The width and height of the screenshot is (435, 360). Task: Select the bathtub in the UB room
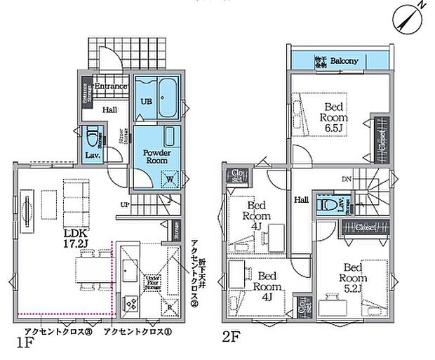click(x=166, y=99)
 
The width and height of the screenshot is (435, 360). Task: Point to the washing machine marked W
click(x=170, y=178)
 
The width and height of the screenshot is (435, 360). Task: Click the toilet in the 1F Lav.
click(x=92, y=135)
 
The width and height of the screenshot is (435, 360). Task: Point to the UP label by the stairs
click(x=125, y=206)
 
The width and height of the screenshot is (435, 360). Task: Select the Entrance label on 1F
click(x=110, y=86)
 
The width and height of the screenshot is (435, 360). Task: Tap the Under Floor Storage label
click(x=153, y=283)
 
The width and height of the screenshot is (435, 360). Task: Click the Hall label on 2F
click(x=301, y=200)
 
